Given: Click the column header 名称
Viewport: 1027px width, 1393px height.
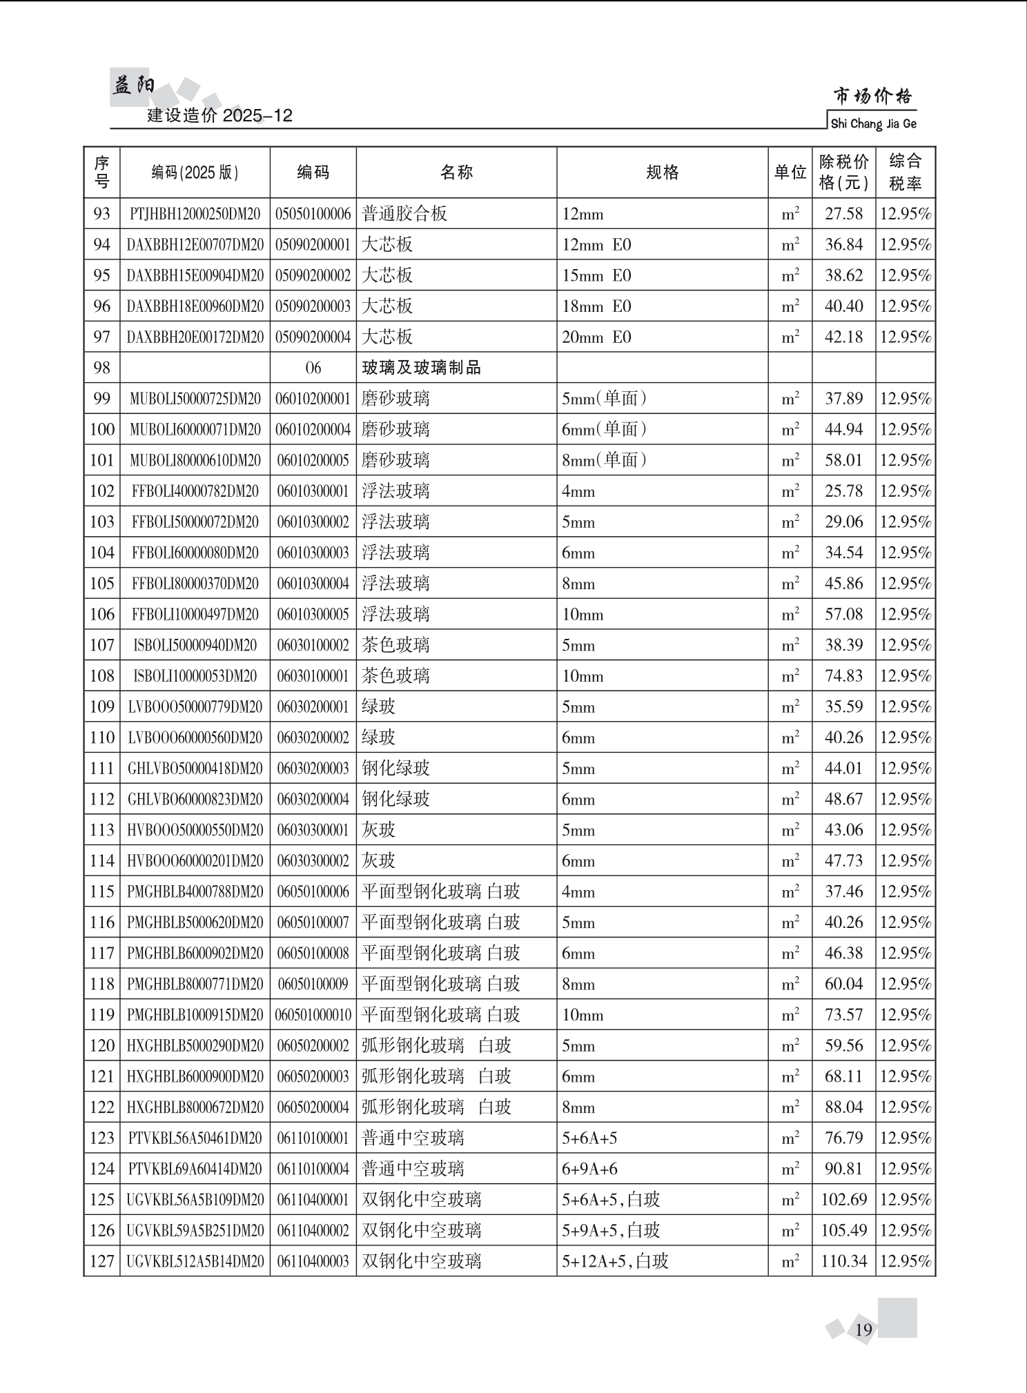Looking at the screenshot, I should (456, 172).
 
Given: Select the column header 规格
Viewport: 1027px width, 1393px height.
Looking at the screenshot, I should (662, 172).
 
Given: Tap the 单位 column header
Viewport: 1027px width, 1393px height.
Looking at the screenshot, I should (790, 172).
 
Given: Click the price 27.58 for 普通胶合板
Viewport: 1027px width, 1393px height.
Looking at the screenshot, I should (843, 214).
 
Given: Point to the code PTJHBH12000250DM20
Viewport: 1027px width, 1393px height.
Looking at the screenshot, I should (195, 214).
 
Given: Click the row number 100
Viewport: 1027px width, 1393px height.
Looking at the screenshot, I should (101, 429).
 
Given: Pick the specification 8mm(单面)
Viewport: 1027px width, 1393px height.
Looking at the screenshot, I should (604, 460).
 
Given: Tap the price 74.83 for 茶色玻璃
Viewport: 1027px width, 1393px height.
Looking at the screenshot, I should (843, 676).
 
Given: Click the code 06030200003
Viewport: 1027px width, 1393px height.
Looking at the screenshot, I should (313, 769).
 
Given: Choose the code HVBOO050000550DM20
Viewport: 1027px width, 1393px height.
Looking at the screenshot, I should (195, 830).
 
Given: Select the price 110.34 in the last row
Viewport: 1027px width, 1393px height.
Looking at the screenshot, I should (843, 1261).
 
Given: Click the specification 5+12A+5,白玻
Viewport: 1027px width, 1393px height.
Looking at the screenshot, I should (615, 1261).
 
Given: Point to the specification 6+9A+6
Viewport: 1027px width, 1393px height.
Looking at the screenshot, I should (589, 1169).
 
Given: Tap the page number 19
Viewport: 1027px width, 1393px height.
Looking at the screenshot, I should (863, 1330).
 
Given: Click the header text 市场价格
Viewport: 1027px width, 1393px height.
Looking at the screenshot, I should (873, 96).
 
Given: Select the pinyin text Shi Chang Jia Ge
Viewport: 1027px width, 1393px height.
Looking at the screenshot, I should (873, 124).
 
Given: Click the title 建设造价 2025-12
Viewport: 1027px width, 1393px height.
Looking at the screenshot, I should (220, 115).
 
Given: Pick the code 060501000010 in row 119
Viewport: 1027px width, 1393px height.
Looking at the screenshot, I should (313, 1015).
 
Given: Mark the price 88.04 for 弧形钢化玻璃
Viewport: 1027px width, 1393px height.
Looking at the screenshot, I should (843, 1107).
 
